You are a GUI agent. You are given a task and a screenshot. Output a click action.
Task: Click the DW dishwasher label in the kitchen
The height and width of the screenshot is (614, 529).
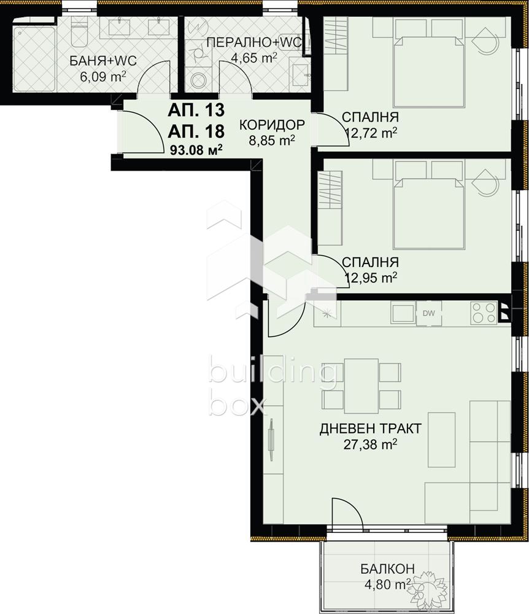(x=429, y=313)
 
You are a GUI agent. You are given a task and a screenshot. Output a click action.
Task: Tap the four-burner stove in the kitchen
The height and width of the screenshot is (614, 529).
(x=484, y=313)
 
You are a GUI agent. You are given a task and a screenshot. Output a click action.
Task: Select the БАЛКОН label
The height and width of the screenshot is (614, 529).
(x=387, y=568)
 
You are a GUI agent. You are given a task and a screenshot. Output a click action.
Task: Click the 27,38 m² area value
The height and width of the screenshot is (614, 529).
(x=370, y=444)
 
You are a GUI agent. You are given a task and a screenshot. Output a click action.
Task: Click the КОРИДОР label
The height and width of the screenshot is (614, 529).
(x=271, y=125)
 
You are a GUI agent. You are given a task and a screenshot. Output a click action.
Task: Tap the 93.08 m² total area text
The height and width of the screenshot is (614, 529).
(x=196, y=150)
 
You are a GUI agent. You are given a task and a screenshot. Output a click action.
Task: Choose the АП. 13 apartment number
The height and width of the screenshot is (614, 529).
(x=196, y=110)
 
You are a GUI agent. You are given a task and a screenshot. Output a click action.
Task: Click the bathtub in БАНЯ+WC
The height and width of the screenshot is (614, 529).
(x=33, y=58)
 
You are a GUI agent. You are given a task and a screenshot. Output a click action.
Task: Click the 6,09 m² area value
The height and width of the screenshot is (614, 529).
(x=102, y=76)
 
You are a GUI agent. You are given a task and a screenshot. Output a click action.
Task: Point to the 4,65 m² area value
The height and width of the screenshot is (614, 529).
(x=254, y=58)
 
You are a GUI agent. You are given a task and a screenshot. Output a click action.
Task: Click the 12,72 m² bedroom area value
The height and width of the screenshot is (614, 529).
(x=371, y=133)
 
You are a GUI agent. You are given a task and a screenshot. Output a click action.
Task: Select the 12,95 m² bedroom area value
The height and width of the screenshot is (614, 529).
(x=371, y=278)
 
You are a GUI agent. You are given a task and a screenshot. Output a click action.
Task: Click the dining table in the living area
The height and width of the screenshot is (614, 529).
(x=361, y=386)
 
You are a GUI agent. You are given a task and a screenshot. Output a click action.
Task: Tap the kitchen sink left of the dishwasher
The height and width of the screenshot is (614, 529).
(x=403, y=313)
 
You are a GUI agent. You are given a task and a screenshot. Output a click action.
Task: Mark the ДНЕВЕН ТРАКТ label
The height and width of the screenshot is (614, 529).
(x=370, y=429)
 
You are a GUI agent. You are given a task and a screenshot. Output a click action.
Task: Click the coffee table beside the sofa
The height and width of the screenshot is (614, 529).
(x=441, y=440)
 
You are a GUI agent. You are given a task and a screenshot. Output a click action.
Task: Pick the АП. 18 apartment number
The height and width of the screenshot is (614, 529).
(x=196, y=131)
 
